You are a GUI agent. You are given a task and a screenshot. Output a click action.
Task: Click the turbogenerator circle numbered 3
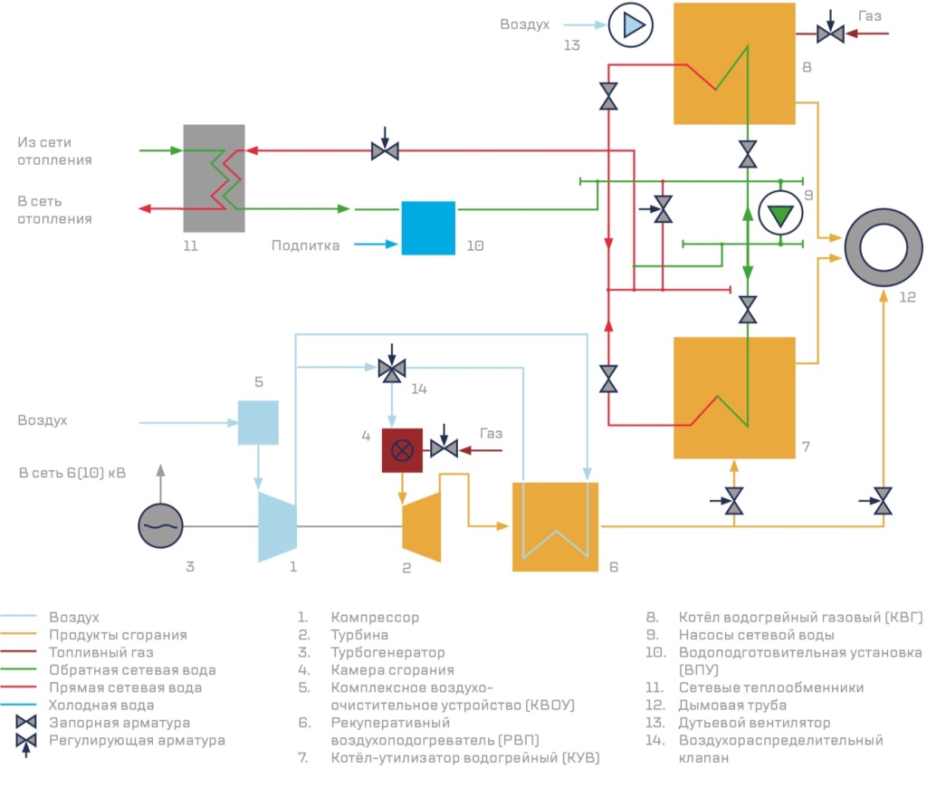(x=160, y=525)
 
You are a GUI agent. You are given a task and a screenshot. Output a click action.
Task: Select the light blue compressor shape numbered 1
(x=277, y=526)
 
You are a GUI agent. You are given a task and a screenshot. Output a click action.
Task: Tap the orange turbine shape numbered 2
(x=422, y=526)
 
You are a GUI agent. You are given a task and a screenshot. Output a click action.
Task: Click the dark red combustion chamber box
(x=402, y=450)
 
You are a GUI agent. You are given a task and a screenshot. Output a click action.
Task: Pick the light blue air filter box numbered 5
(x=258, y=422)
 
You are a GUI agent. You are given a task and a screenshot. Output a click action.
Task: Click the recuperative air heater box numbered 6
(x=555, y=526)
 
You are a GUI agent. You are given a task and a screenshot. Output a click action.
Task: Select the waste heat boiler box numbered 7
(x=734, y=398)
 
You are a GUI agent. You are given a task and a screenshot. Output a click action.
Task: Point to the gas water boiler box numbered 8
(x=734, y=63)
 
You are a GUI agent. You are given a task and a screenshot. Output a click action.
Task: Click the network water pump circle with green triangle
(x=780, y=213)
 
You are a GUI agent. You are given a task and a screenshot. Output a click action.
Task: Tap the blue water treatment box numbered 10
(x=428, y=227)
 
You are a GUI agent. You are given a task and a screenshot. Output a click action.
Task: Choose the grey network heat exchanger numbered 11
(x=214, y=178)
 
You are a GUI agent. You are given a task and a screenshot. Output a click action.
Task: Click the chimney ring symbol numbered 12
(x=884, y=247)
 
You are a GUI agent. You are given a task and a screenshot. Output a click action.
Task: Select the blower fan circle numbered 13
(x=631, y=25)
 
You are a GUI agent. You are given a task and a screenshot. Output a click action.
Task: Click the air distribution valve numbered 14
(x=391, y=370)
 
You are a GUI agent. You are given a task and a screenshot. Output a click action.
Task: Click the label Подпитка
(x=306, y=245)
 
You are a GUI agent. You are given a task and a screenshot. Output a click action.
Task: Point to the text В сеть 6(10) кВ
(x=72, y=473)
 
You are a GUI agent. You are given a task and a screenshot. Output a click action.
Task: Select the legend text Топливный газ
(x=101, y=652)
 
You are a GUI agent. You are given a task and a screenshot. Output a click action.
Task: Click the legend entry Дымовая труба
(x=732, y=706)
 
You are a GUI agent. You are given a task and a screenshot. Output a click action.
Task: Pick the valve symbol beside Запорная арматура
(x=26, y=723)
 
